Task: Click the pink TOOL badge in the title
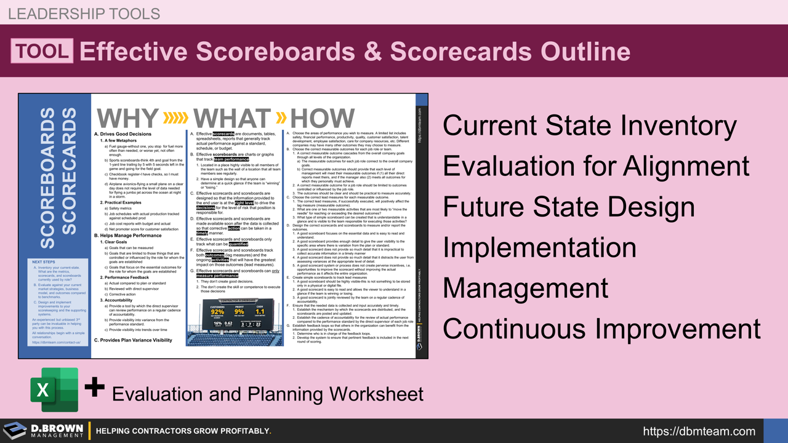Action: (42, 51)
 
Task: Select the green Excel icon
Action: (54, 389)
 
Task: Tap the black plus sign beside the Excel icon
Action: (94, 388)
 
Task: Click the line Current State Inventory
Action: (589, 126)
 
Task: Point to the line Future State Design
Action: (569, 207)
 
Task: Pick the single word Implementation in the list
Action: (539, 247)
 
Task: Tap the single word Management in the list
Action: (526, 288)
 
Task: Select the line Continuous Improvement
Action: (601, 329)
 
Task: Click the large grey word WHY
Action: (127, 118)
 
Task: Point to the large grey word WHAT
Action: (232, 118)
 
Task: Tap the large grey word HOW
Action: (322, 118)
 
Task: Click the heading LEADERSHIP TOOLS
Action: (84, 13)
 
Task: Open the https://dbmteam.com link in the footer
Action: (699, 431)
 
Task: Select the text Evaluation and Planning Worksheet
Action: (267, 393)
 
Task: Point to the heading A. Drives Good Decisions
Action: (123, 134)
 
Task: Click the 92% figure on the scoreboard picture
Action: (217, 312)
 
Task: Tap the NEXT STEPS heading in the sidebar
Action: (44, 262)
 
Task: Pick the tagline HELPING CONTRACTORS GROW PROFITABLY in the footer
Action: (183, 431)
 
